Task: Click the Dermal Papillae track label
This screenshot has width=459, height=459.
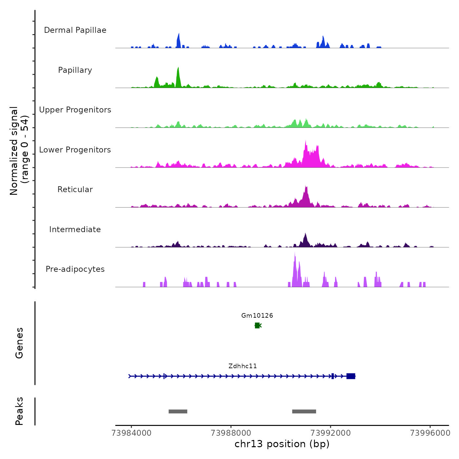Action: (75, 30)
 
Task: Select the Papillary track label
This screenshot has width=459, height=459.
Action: (75, 70)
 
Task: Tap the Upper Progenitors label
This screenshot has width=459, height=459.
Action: (75, 110)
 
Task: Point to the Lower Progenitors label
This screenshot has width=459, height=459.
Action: (75, 150)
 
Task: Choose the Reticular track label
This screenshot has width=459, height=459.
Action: (75, 190)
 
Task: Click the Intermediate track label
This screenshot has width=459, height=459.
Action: (75, 229)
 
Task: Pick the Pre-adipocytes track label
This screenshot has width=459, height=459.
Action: (75, 269)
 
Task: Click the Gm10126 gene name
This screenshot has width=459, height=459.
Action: (257, 316)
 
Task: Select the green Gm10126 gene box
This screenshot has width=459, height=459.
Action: (257, 325)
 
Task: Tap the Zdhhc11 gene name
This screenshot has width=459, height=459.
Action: (243, 366)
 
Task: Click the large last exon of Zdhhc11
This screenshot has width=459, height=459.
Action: (351, 376)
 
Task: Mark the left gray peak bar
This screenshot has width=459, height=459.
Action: (178, 411)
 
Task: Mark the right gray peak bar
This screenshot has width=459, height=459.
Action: (304, 411)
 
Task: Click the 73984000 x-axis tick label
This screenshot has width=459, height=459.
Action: (131, 433)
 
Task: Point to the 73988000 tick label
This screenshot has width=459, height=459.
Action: (231, 433)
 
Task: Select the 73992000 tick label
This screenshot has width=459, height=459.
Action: (330, 433)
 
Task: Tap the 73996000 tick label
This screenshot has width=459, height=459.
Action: (430, 433)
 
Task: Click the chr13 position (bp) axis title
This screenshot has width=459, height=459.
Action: (282, 444)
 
